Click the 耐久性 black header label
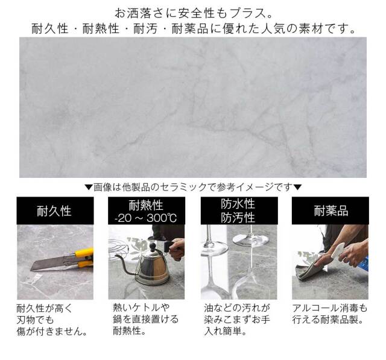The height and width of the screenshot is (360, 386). [54, 211]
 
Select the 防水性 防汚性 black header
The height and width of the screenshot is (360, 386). [238, 210]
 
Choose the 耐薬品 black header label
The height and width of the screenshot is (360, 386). [331, 211]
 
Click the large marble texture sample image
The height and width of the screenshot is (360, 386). [192, 107]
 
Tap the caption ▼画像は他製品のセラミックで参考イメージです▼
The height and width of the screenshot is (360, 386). [192, 187]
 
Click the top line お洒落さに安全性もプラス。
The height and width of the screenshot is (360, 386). [192, 12]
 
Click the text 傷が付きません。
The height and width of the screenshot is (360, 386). [52, 331]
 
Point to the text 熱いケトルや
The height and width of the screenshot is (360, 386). [141, 308]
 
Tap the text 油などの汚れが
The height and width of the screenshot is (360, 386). [234, 308]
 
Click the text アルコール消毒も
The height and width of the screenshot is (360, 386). [329, 308]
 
